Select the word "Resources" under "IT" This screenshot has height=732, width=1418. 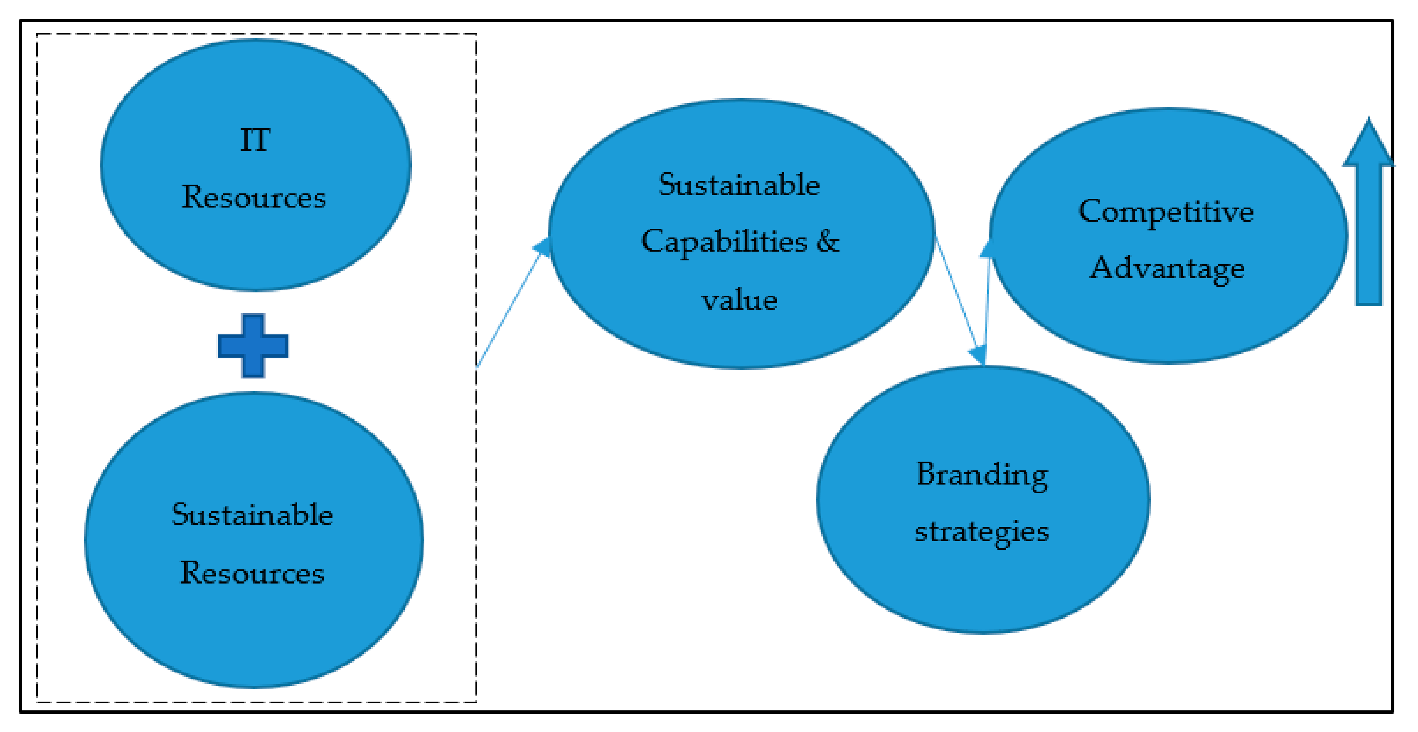pos(254,197)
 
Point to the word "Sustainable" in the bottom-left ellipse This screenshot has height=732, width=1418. pos(252,515)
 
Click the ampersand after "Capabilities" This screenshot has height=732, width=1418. pos(828,241)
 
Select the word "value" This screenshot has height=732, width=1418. pos(739,301)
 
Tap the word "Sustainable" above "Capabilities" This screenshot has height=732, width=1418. pos(739,185)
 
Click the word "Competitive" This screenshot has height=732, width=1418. pos(1166,212)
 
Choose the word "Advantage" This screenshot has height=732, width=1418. pos(1167,269)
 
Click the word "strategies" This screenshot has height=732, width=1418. pos(982,532)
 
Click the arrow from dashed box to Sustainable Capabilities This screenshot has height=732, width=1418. pos(509,306)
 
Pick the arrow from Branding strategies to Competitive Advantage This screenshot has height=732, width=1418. pos(987,309)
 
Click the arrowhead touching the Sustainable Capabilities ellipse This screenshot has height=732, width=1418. pos(543,247)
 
